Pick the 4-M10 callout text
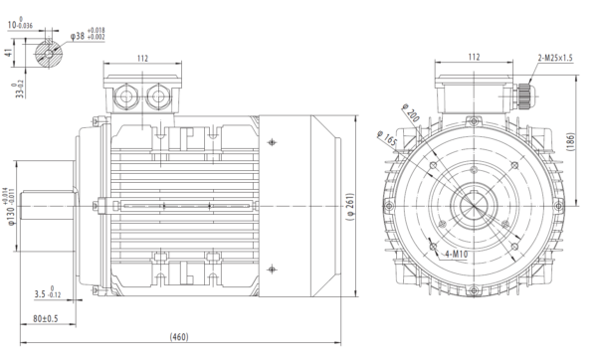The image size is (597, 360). pyautogui.click(x=457, y=255)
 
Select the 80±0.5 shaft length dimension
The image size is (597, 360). pyautogui.click(x=46, y=319)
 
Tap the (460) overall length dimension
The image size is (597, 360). pyautogui.click(x=181, y=337)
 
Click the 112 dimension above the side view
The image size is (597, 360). pyautogui.click(x=143, y=59)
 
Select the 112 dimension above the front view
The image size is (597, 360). pyautogui.click(x=475, y=57)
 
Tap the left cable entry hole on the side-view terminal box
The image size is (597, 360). pyautogui.click(x=126, y=96)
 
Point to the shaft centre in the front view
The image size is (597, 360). pyautogui.click(x=475, y=208)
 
